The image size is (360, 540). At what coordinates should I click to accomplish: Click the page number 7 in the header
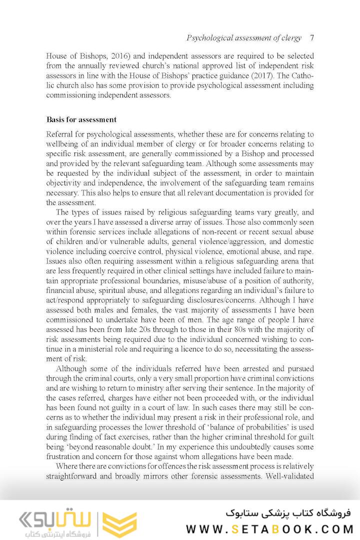311,38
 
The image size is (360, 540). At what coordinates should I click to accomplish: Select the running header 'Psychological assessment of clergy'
244,38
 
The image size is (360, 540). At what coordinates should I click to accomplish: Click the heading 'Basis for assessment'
81,119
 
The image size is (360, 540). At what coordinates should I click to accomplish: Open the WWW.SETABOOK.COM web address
270,529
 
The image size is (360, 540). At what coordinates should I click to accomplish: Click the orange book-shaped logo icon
119,523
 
